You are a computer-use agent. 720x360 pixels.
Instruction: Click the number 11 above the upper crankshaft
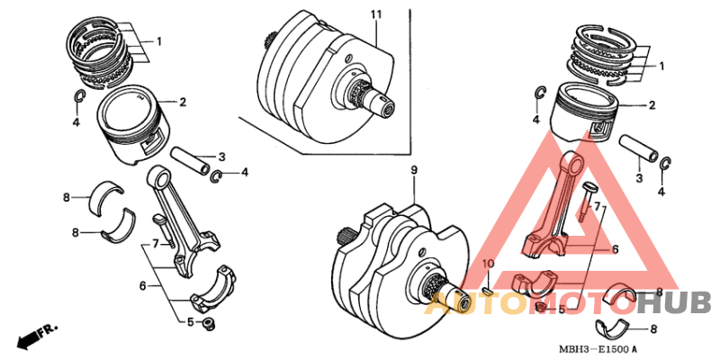click(376, 14)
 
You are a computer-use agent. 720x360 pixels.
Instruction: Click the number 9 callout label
click(414, 169)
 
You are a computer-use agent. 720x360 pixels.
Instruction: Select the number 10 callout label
click(487, 263)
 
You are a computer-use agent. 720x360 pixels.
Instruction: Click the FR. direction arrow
click(32, 337)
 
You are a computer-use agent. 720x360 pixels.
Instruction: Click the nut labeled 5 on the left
click(209, 321)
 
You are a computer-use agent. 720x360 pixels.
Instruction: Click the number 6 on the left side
click(141, 285)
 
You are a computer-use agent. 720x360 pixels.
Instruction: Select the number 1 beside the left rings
click(159, 41)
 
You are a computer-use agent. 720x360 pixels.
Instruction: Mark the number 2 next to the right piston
click(652, 105)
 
